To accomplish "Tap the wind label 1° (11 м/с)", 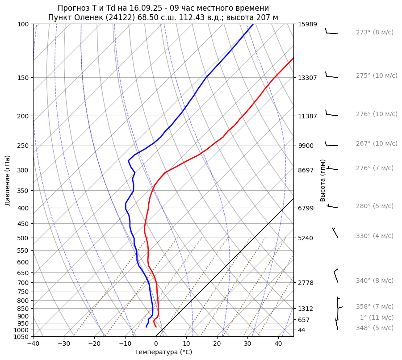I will pyautogui.click(x=377, y=318).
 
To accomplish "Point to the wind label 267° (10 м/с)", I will pyautogui.click(x=377, y=143).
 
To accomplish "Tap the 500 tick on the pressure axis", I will pyautogui.click(x=24, y=238).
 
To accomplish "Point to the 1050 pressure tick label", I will pyautogui.click(x=22, y=336).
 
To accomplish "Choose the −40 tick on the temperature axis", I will pyautogui.click(x=33, y=343).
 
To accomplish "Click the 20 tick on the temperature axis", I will pyautogui.click(x=217, y=343).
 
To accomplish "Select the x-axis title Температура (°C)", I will pyautogui.click(x=163, y=352).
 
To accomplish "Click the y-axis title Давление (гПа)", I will pyautogui.click(x=8, y=180).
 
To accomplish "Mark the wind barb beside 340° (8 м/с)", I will pyautogui.click(x=336, y=276).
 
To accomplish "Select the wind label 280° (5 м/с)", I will pyautogui.click(x=374, y=206).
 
